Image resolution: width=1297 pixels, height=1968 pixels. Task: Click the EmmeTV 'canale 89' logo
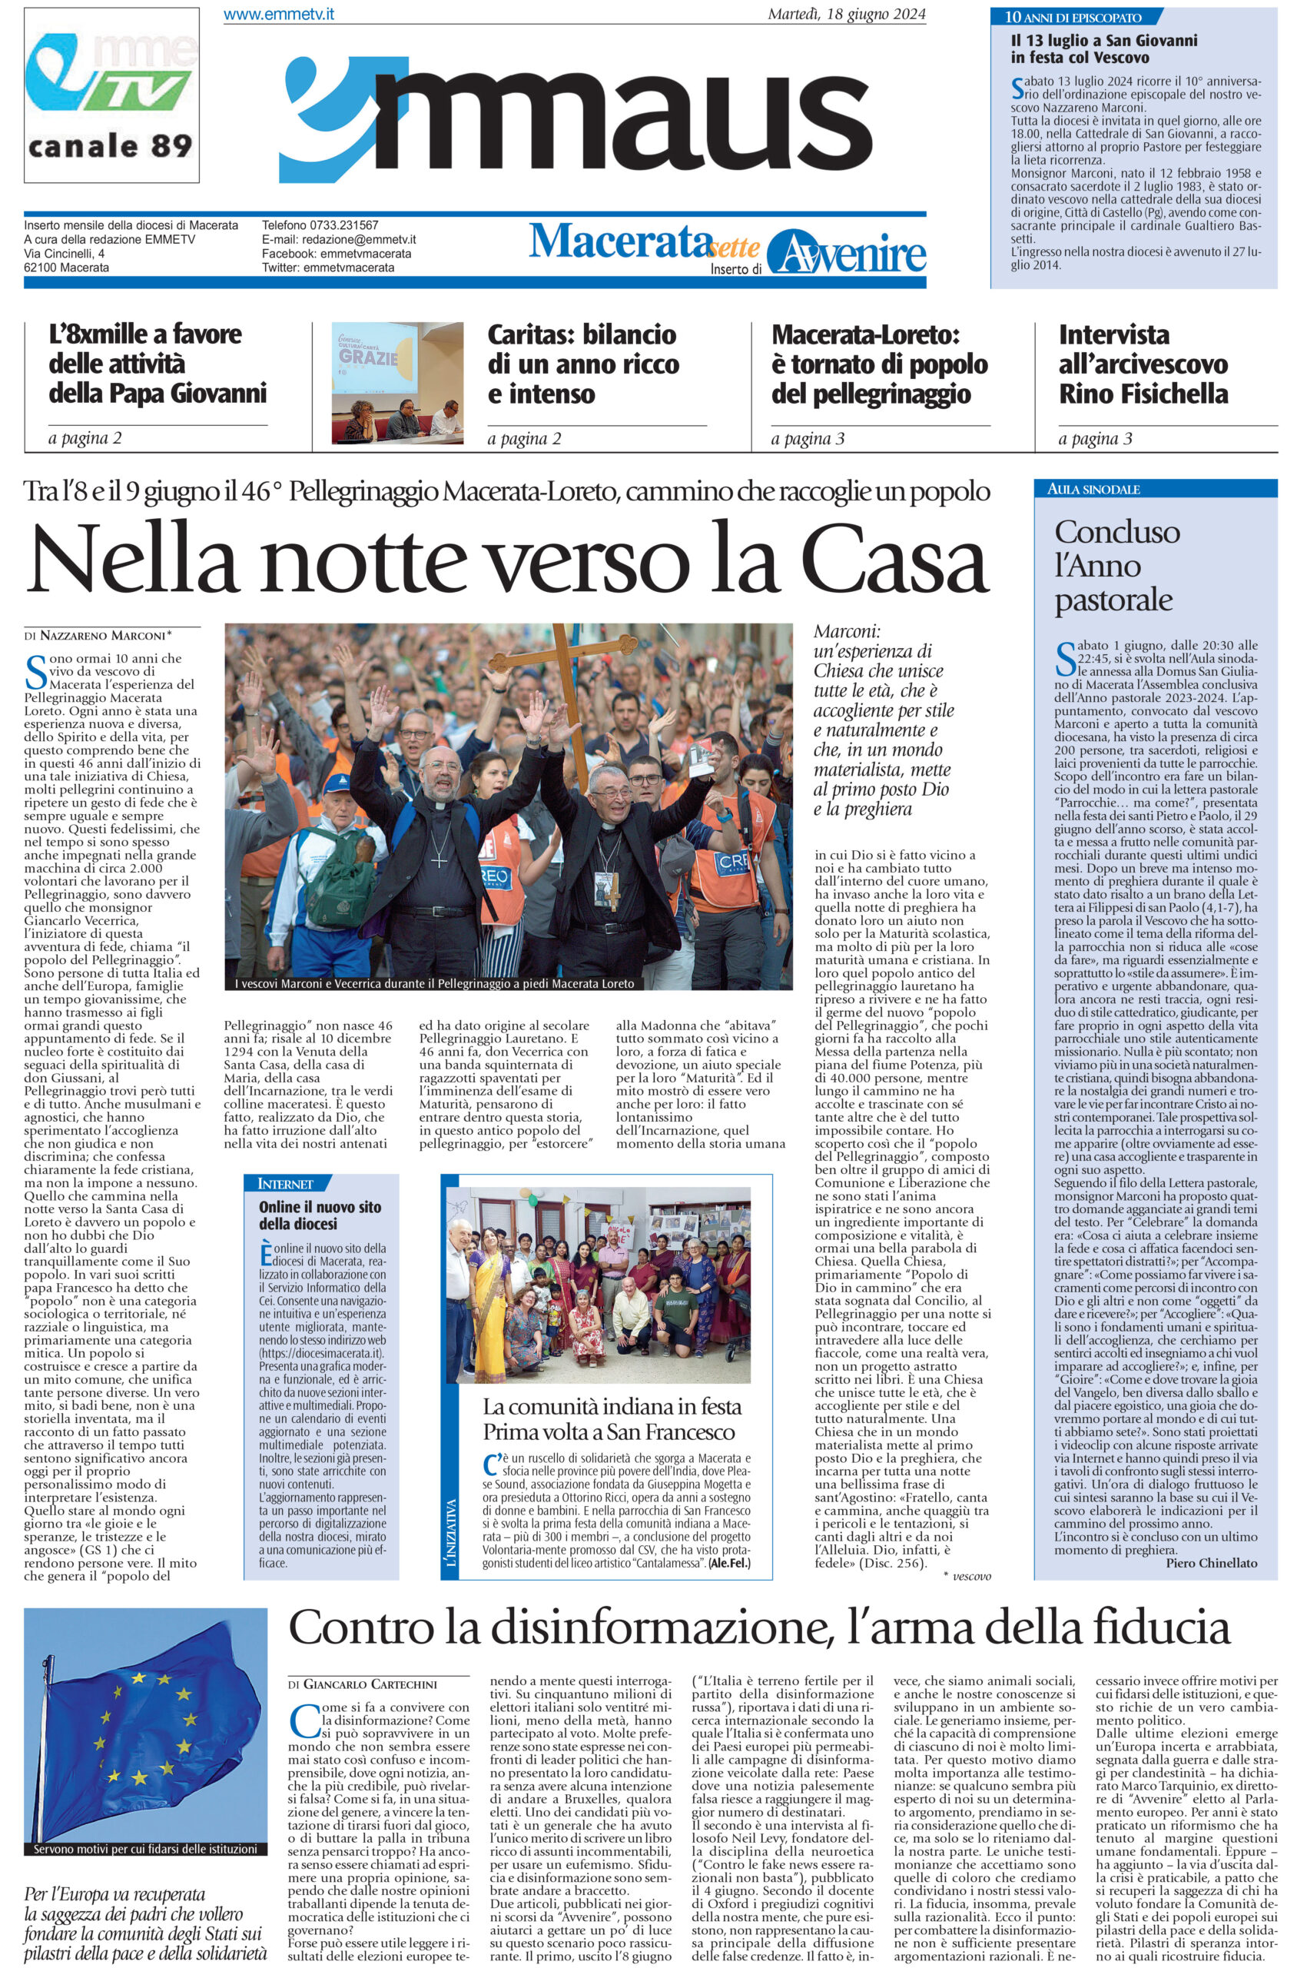click(111, 95)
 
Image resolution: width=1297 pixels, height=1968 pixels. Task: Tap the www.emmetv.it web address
click(279, 15)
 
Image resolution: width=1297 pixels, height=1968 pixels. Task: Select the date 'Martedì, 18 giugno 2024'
click(847, 15)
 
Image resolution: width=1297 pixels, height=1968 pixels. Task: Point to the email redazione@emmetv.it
click(339, 240)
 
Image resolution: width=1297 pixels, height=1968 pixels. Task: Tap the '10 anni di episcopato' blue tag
click(1073, 17)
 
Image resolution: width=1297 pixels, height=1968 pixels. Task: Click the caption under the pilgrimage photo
click(434, 983)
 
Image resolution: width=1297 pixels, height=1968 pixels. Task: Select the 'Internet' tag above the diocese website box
click(285, 1183)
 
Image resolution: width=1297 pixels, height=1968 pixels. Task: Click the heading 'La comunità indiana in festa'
click(612, 1406)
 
